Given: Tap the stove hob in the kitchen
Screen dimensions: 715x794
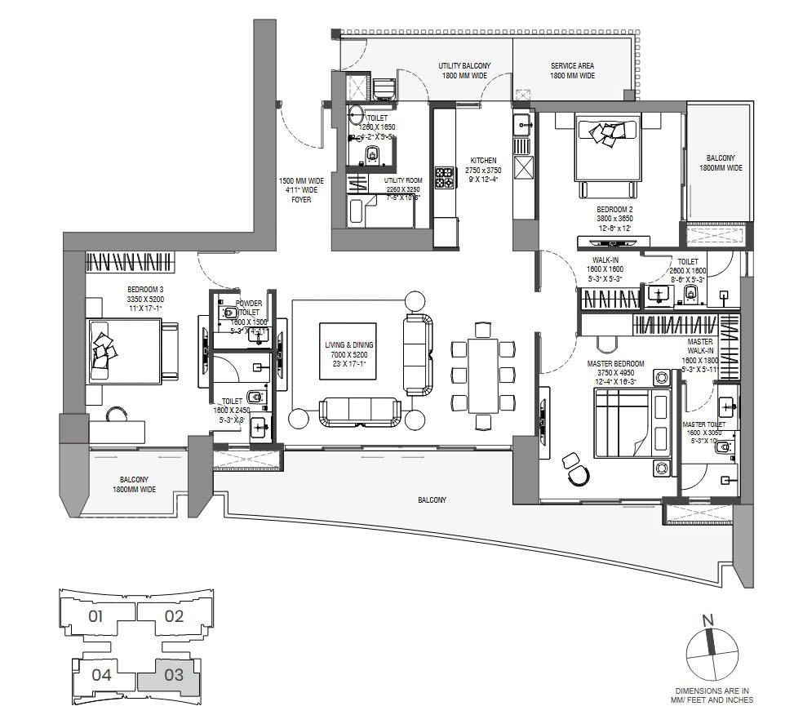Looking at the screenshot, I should click(x=444, y=177).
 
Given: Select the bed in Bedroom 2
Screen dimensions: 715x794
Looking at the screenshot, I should click(x=605, y=155).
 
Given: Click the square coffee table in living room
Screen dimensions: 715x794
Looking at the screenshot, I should click(x=347, y=351).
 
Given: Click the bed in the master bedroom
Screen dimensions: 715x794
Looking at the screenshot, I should click(x=632, y=423).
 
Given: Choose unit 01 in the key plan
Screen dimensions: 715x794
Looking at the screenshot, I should click(x=95, y=615).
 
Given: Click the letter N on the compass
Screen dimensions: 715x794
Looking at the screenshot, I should click(x=708, y=621).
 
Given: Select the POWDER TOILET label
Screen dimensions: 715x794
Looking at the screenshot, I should click(x=249, y=308).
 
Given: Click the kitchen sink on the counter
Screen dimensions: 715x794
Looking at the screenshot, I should click(x=523, y=124).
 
